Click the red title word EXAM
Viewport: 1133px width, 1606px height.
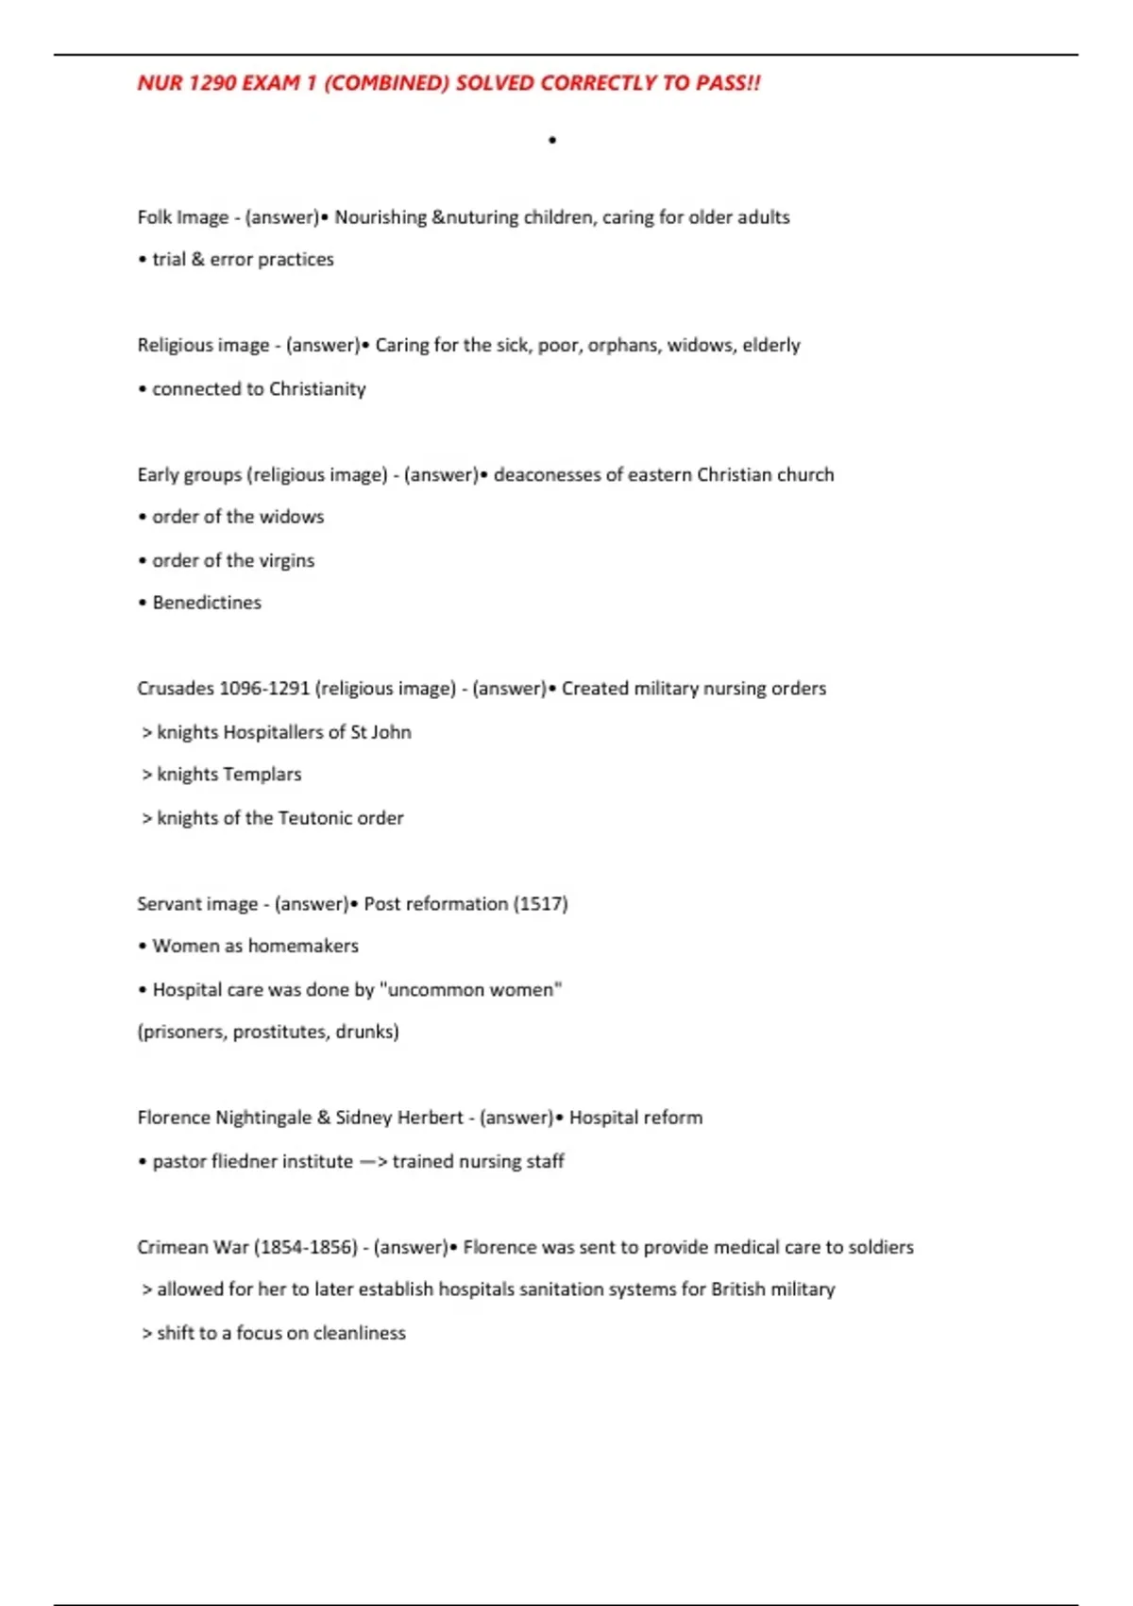pos(270,83)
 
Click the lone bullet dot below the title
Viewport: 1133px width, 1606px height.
pos(552,141)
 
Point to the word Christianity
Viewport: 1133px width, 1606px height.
pos(317,389)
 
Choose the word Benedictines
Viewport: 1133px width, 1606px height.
pos(207,603)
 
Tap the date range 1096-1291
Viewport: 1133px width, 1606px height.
pos(264,689)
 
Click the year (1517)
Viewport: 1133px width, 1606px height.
pos(540,904)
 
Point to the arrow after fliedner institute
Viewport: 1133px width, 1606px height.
pos(373,1161)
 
